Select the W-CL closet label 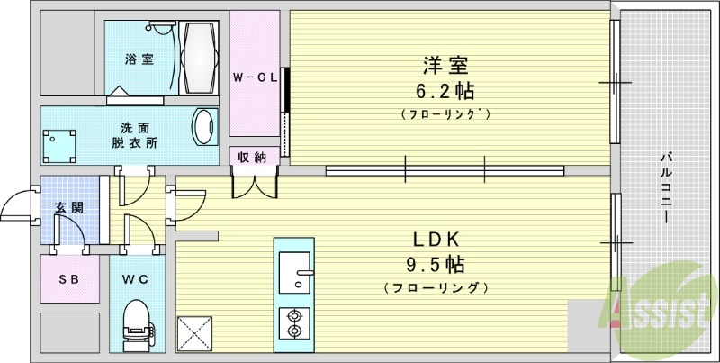(x=254, y=77)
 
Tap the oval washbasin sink (x=205, y=127)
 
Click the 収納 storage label (x=252, y=158)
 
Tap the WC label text (x=136, y=279)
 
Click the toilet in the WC (x=137, y=327)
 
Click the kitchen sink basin (x=293, y=271)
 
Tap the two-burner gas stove (x=293, y=322)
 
